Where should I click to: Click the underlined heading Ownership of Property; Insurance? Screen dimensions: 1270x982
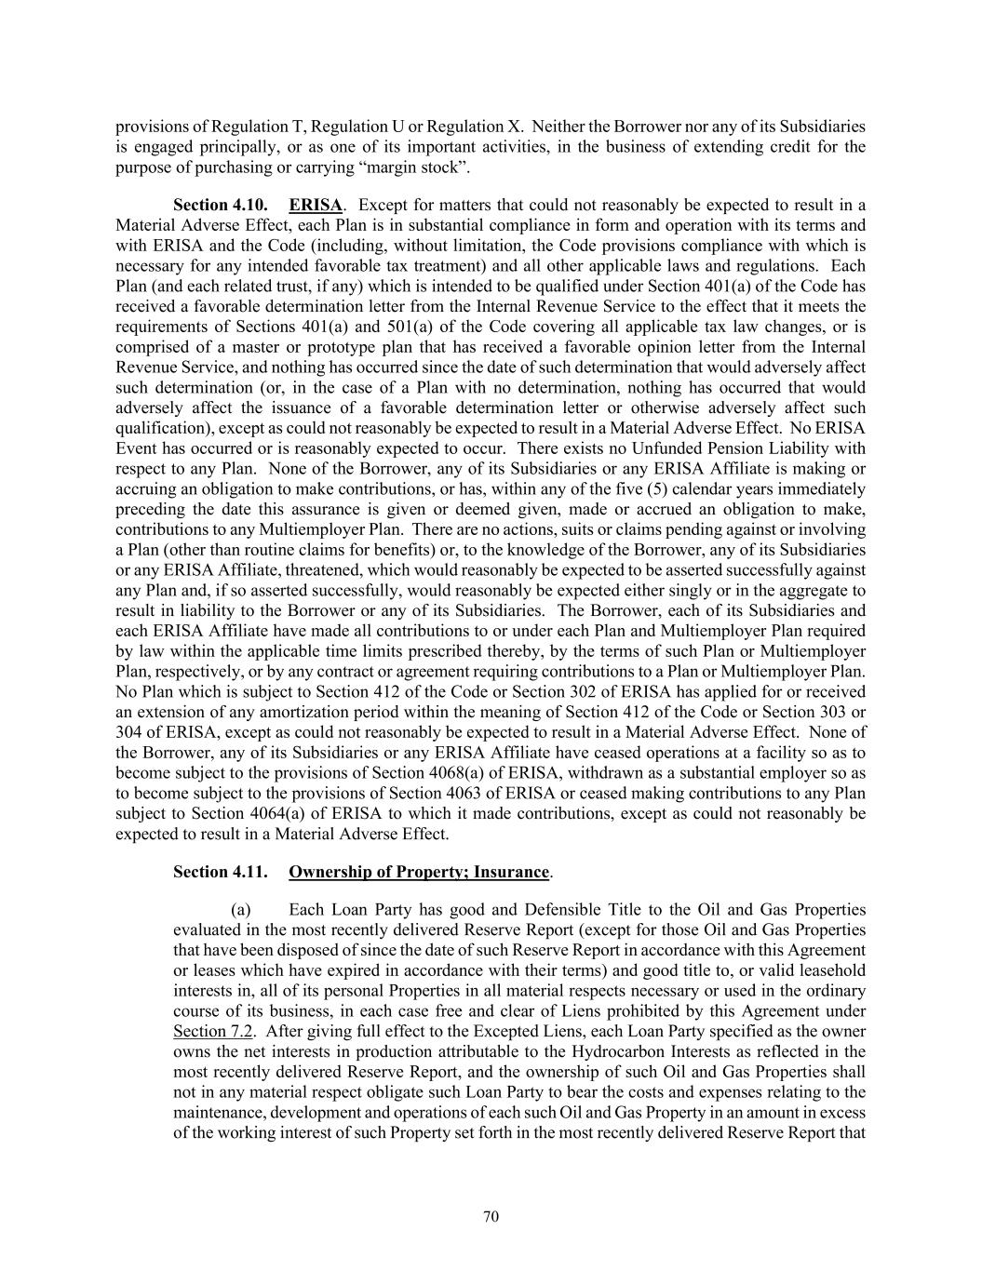[x=419, y=872]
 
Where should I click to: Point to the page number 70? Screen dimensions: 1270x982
[x=491, y=1216]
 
